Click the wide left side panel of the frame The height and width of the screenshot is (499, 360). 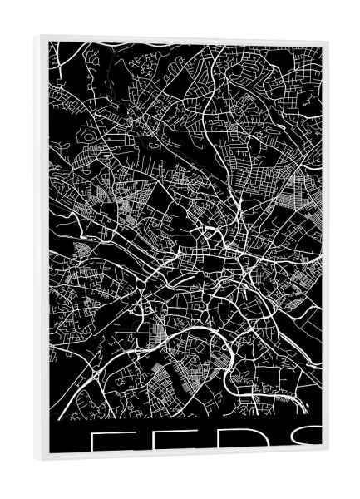(x=41, y=249)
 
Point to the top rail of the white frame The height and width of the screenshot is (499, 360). (x=183, y=39)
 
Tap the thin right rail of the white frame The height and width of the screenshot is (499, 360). (x=325, y=249)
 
